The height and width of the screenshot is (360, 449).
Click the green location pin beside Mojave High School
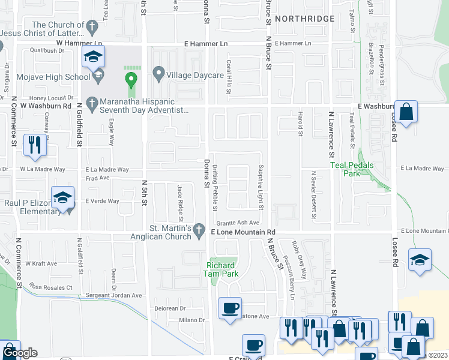pyautogui.click(x=131, y=79)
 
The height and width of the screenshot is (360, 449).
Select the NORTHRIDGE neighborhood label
pyautogui.click(x=305, y=19)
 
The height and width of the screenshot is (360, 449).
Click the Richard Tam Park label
pyautogui.click(x=222, y=269)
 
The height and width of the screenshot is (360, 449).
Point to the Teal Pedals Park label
pyautogui.click(x=352, y=169)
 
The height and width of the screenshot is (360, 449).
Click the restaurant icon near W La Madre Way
pyautogui.click(x=34, y=146)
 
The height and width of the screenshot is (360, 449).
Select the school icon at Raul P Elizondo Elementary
pyautogui.click(x=63, y=199)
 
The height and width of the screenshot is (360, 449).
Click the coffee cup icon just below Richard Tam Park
pyautogui.click(x=230, y=308)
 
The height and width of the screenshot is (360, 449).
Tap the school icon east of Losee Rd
pyautogui.click(x=420, y=260)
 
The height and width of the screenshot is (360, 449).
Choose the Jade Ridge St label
pyautogui.click(x=179, y=203)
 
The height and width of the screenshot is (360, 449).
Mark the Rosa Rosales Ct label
pyautogui.click(x=51, y=287)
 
